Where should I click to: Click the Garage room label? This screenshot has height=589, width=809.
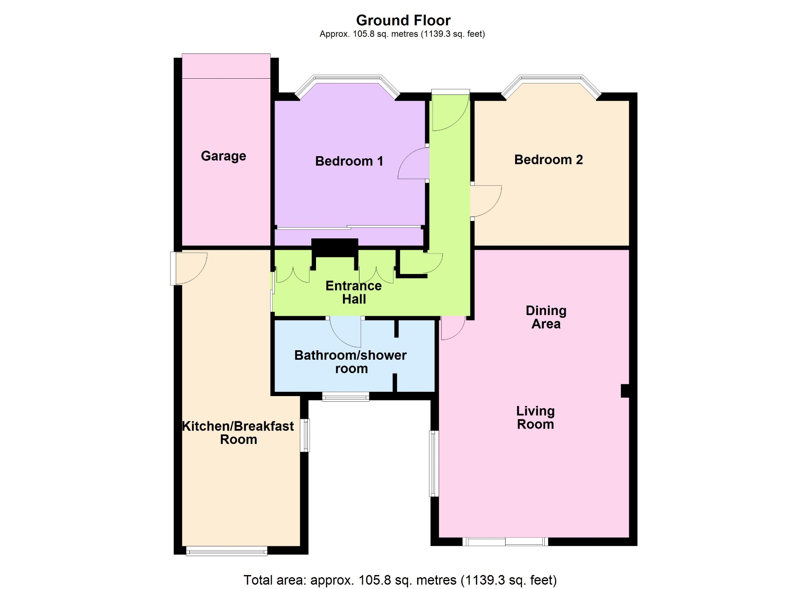pos(224,156)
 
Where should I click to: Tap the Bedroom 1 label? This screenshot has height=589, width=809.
pos(349,161)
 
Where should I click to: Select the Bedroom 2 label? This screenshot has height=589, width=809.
pos(548,159)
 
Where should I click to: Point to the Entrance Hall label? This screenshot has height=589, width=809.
pos(354,292)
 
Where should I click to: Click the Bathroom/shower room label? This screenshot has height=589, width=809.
pos(350,362)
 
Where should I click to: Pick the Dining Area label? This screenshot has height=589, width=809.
pos(546,317)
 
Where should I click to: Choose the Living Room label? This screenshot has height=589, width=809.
pos(535,417)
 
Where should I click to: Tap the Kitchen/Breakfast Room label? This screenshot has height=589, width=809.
pos(238,432)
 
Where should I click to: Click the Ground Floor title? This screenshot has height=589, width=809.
pos(403,20)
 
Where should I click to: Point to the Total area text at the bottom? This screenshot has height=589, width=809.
pos(400,580)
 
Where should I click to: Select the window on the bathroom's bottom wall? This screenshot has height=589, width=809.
pos(346,396)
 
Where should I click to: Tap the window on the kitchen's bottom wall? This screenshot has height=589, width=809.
pos(227,551)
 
